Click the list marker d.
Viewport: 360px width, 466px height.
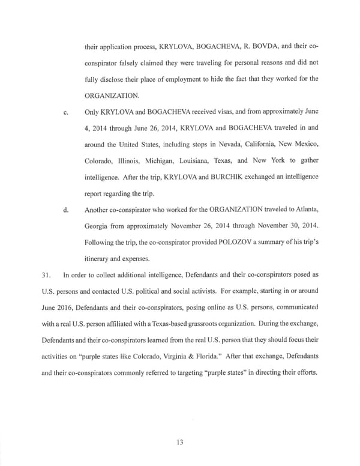pyautogui.click(x=65, y=211)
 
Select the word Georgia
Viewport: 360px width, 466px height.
pyautogui.click(x=100, y=228)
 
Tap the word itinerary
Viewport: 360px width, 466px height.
pyautogui.click(x=100, y=261)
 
